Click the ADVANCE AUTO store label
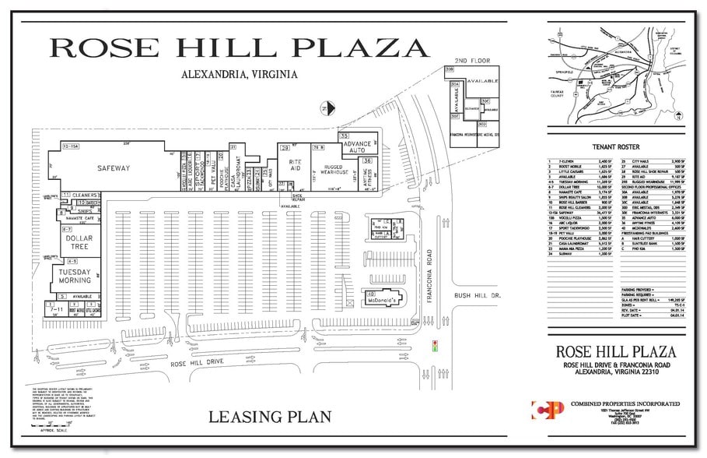tap(359, 146)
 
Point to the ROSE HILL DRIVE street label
tap(199, 363)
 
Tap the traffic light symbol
tap(436, 344)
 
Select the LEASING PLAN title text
tap(270, 417)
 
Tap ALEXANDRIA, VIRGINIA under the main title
tap(239, 75)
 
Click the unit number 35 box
tap(343, 136)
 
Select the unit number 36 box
tap(367, 160)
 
